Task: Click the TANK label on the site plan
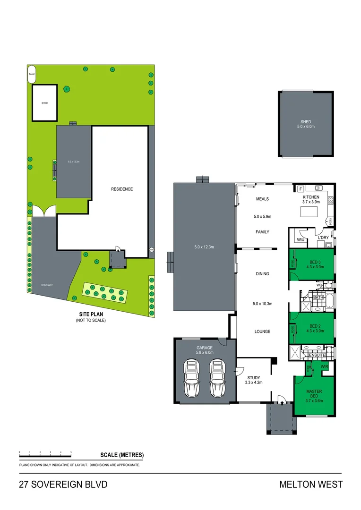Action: (x=32, y=75)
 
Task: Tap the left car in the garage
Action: (x=192, y=378)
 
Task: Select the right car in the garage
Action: (x=217, y=378)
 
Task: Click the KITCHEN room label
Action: (x=311, y=197)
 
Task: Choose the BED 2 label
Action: (x=316, y=326)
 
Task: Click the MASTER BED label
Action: (x=314, y=391)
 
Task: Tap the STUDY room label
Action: (x=253, y=377)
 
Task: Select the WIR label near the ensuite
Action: (x=324, y=366)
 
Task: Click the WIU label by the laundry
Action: (x=300, y=240)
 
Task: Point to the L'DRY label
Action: (x=323, y=238)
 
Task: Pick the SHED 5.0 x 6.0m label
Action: (x=305, y=124)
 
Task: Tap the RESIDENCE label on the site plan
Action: (x=122, y=189)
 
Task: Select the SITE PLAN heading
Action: (x=91, y=314)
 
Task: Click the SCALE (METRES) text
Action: (x=122, y=455)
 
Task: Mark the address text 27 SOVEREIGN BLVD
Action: (x=63, y=484)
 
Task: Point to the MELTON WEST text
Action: (x=310, y=484)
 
